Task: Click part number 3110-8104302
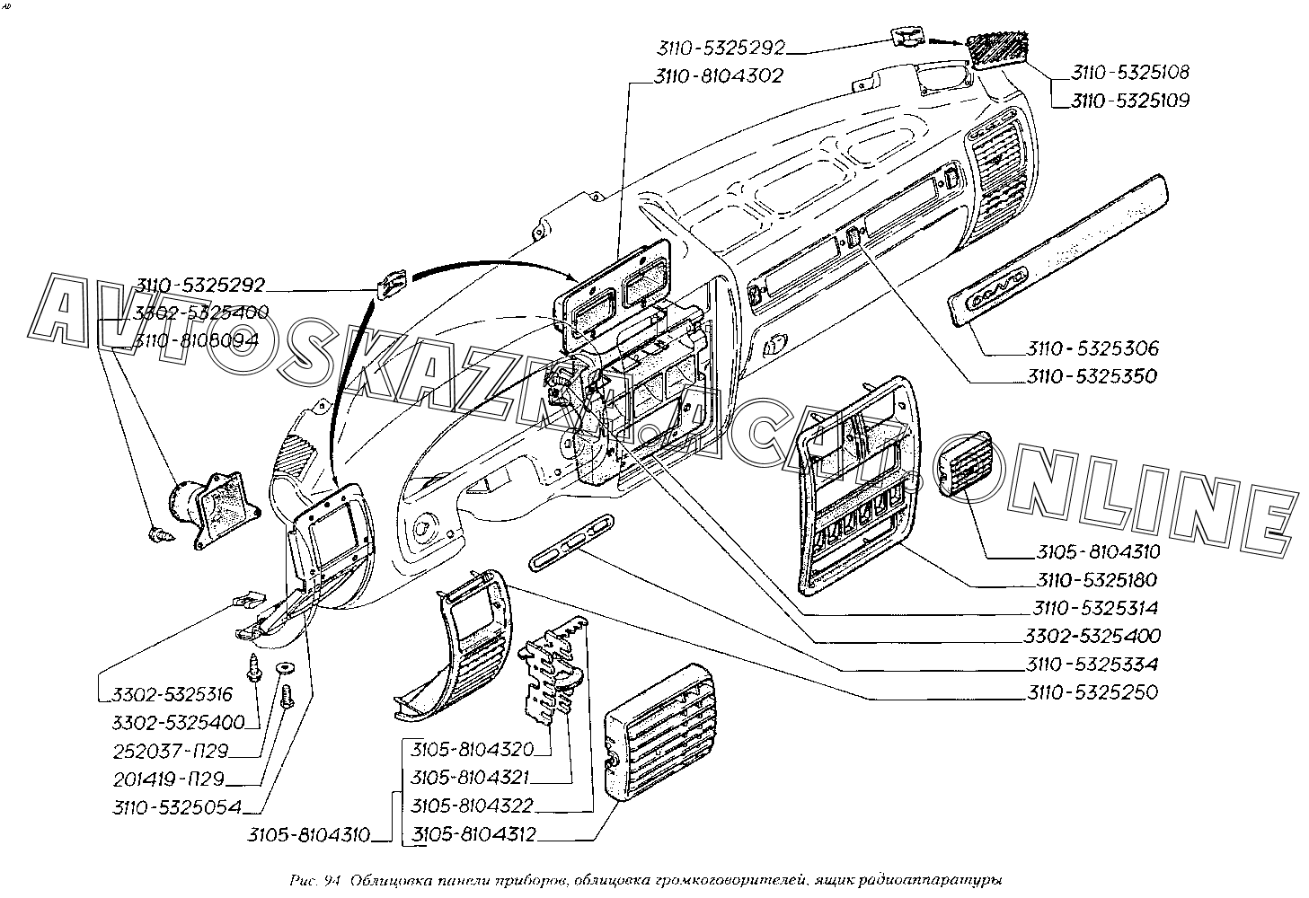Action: pos(719,77)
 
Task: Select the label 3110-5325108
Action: pos(1129,72)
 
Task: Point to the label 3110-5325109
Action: pos(1129,101)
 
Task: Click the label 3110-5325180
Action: pos(1096,580)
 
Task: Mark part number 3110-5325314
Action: pos(1096,608)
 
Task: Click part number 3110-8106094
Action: pos(196,341)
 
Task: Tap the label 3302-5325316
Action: pos(172,694)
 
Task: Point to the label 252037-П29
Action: pos(171,751)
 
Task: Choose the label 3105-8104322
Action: pos(473,806)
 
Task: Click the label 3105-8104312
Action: pos(473,834)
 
